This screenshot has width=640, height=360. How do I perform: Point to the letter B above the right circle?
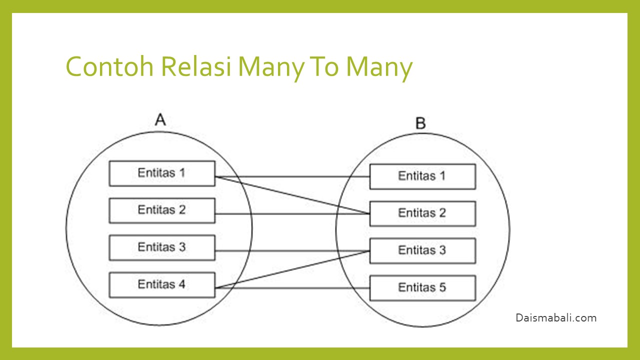pyautogui.click(x=420, y=122)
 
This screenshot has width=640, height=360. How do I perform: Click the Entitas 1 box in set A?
pyautogui.click(x=162, y=173)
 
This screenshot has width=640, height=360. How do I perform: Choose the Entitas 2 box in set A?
pyautogui.click(x=162, y=210)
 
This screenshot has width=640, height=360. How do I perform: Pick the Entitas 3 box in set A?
pyautogui.click(x=162, y=247)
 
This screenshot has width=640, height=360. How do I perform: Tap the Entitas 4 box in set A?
pyautogui.click(x=162, y=284)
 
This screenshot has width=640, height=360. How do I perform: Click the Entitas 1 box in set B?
pyautogui.click(x=422, y=176)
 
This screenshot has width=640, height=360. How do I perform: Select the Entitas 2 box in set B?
pyautogui.click(x=422, y=213)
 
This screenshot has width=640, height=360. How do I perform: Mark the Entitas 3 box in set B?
pyautogui.click(x=422, y=250)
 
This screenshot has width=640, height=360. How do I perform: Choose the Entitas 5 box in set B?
pyautogui.click(x=422, y=287)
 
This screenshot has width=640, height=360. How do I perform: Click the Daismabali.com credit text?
pyautogui.click(x=556, y=317)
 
